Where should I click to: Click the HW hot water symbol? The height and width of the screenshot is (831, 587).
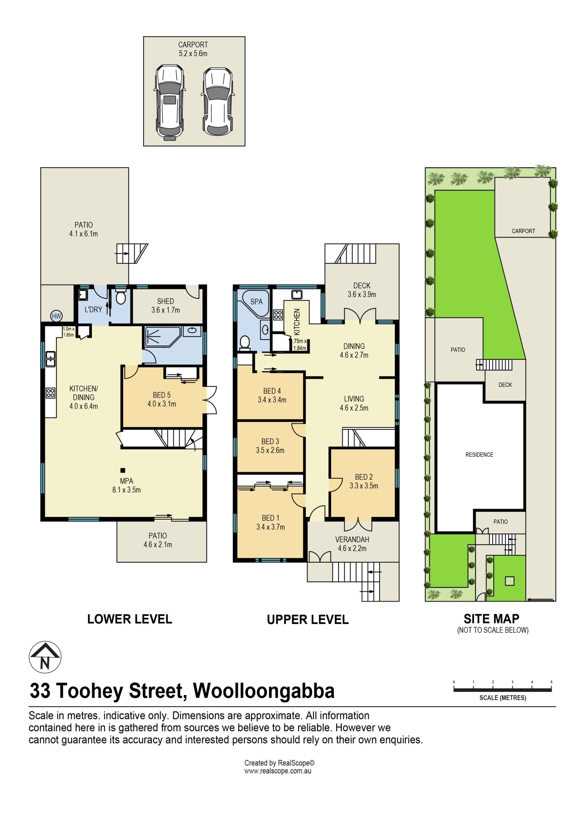[56, 316]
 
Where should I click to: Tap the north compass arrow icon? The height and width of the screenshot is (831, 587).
[45, 657]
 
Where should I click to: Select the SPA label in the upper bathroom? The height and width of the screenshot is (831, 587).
[257, 302]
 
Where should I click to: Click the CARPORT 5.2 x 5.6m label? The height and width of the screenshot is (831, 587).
[193, 49]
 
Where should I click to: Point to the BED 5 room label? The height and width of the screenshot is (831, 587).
[162, 399]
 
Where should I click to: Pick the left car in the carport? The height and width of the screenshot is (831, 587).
[169, 103]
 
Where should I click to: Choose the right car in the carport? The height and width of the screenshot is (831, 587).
[218, 101]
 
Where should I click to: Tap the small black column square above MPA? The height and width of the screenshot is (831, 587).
[123, 470]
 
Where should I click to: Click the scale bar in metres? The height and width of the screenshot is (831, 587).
[503, 690]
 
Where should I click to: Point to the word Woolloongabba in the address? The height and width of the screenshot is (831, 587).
[264, 690]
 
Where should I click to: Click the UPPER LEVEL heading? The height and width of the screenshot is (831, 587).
[308, 620]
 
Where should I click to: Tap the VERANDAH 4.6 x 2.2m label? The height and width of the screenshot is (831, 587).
[352, 544]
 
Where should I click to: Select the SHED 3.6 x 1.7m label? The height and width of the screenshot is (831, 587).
[166, 305]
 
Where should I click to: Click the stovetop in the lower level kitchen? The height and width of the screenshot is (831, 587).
[51, 393]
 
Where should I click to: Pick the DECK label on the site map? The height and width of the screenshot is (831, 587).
[505, 385]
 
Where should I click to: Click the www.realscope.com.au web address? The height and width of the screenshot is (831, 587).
[278, 771]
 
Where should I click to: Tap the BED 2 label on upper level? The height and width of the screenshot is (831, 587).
[364, 481]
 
